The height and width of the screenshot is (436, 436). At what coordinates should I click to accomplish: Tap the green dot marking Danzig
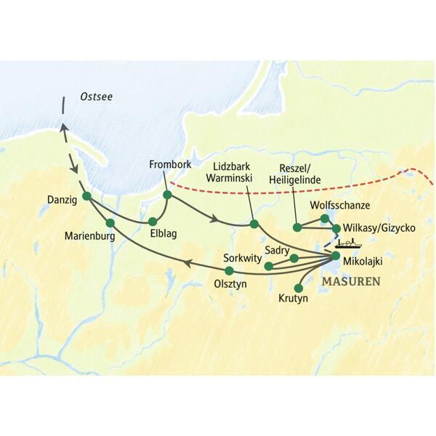pos(86,196)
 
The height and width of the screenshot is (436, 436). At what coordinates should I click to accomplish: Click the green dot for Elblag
pos(153,222)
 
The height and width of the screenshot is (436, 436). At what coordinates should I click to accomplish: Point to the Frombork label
pos(170,164)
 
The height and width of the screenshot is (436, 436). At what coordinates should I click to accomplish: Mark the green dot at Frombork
pos(167,195)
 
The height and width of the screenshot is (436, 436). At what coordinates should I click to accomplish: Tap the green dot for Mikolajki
pos(335,256)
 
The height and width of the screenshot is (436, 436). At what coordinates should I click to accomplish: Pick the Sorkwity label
pos(243,257)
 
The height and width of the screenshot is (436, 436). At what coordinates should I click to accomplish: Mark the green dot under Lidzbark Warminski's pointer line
pos(254,224)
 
